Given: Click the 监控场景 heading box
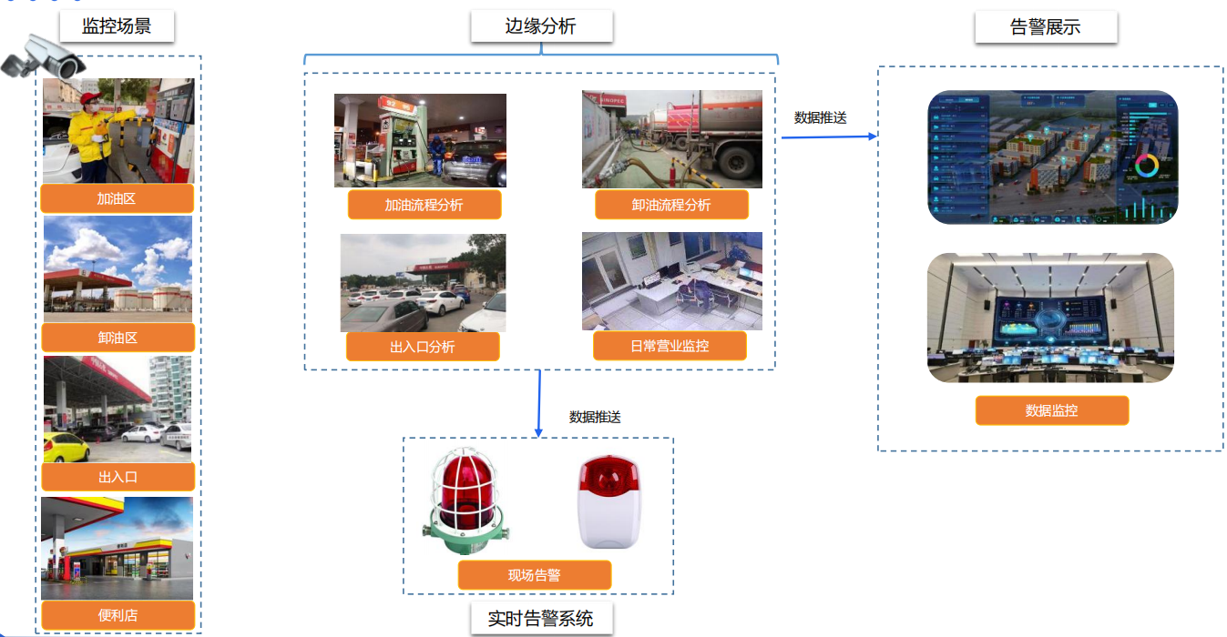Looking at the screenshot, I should pyautogui.click(x=117, y=26).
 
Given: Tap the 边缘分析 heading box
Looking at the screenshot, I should pyautogui.click(x=541, y=26).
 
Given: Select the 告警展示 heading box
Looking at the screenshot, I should pyautogui.click(x=1046, y=26).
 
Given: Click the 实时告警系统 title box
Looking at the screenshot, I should pyautogui.click(x=541, y=619).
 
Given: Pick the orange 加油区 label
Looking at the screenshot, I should pyautogui.click(x=118, y=197).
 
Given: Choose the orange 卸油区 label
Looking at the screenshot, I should pyautogui.click(x=118, y=338).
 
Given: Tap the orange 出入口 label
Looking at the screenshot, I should pyautogui.click(x=118, y=476).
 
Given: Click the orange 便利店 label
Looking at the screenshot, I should pyautogui.click(x=118, y=615).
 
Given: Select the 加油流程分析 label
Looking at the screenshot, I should pyautogui.click(x=424, y=205).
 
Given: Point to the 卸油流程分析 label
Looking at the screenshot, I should pyautogui.click(x=671, y=205).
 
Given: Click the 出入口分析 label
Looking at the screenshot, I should pyautogui.click(x=423, y=347).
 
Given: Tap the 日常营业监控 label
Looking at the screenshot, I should pyautogui.click(x=670, y=346).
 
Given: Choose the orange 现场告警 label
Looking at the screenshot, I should pyautogui.click(x=534, y=575).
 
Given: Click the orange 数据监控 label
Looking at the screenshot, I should pyautogui.click(x=1051, y=410).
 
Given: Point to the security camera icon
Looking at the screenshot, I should pyautogui.click(x=43, y=57).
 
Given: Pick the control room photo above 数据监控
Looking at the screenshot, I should pyautogui.click(x=1050, y=318).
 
